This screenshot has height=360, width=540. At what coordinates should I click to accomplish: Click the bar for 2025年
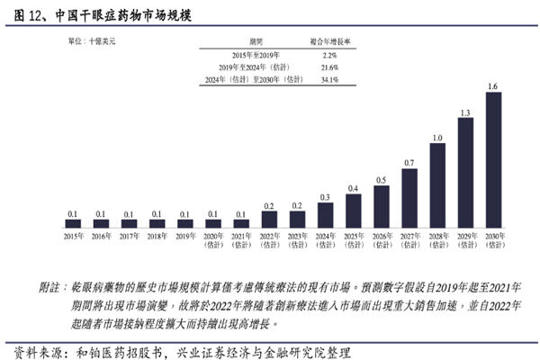[353, 211]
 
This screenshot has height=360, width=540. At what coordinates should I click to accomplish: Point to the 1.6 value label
[492, 85]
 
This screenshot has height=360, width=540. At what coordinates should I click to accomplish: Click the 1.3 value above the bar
[464, 112]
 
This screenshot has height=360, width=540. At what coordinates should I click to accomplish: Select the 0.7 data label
[409, 163]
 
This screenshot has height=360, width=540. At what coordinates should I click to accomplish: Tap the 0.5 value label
[381, 180]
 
